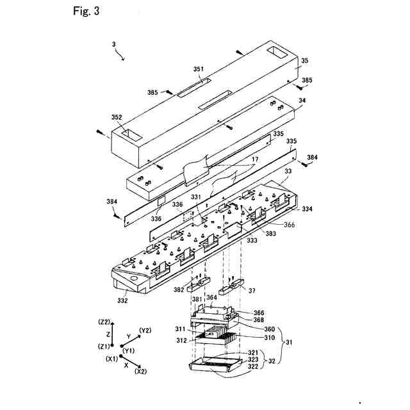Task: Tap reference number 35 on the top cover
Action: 304,60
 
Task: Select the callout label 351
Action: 199,69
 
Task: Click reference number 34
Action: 302,101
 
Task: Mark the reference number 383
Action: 271,234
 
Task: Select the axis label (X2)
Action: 142,372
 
